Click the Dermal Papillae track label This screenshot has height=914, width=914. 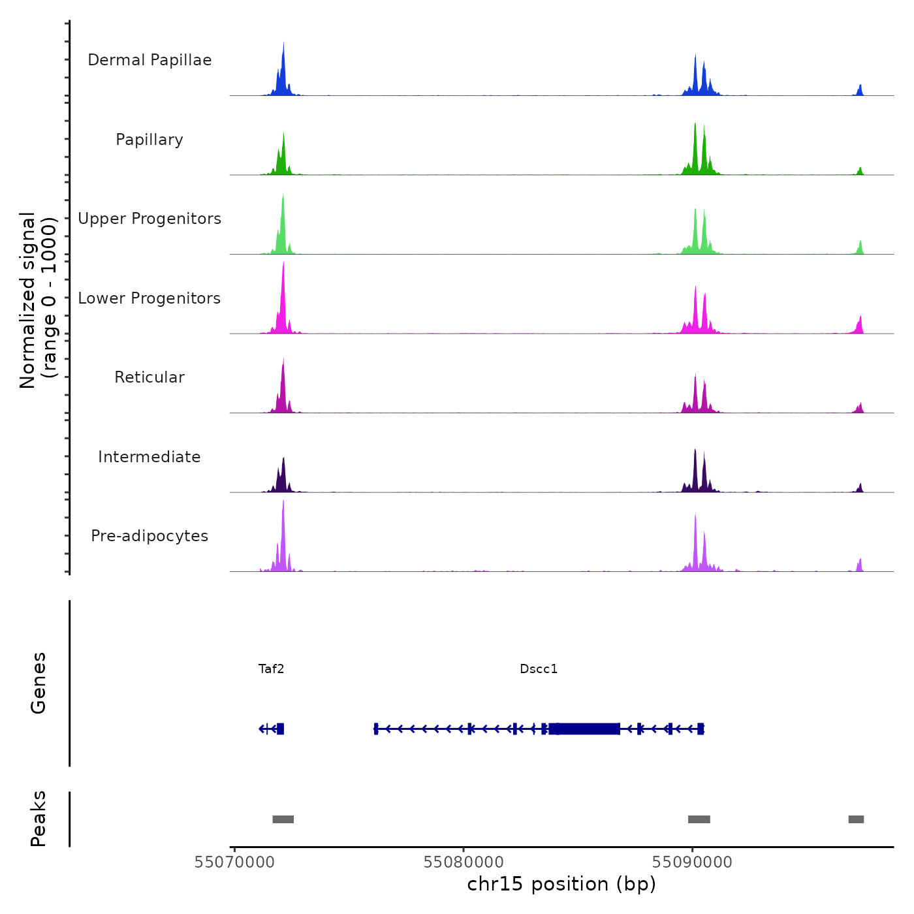tap(150, 60)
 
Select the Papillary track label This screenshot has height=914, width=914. tap(150, 140)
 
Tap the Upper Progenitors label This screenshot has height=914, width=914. tap(150, 219)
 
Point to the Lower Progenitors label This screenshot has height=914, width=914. tap(150, 298)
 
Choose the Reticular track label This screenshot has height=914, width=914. tap(150, 377)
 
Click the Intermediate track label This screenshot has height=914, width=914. tap(150, 457)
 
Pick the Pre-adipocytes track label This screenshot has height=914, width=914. tap(150, 536)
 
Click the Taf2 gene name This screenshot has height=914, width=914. tap(271, 669)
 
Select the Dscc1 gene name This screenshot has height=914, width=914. tap(539, 669)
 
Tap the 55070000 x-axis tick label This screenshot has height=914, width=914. tap(234, 862)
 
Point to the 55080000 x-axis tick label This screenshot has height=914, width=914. tap(464, 862)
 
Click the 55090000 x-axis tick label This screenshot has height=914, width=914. tap(693, 862)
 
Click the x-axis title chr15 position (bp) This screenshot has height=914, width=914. tap(561, 885)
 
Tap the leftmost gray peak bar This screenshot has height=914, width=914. tap(283, 819)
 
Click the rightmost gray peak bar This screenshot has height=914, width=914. tap(856, 819)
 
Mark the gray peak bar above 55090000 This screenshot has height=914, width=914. tap(699, 819)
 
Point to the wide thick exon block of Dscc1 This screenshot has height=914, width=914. tap(585, 729)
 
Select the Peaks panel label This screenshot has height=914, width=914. tap(38, 819)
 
